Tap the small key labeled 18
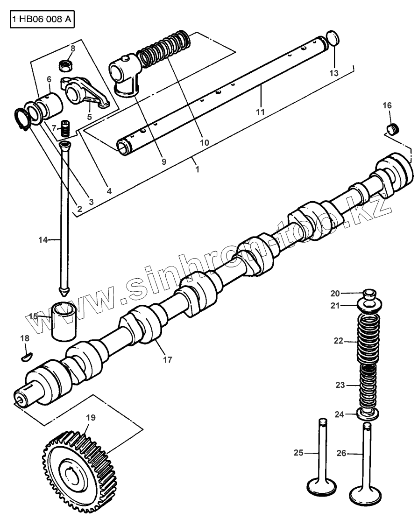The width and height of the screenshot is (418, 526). (x=27, y=358)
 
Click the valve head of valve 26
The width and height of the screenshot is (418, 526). (x=365, y=492)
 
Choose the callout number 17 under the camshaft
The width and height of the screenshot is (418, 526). (x=168, y=360)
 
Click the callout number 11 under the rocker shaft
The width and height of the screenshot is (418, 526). (x=260, y=112)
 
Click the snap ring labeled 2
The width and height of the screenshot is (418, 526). (x=20, y=119)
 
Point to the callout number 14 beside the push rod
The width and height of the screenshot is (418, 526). (x=43, y=240)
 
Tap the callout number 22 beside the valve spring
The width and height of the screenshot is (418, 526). (x=338, y=341)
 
